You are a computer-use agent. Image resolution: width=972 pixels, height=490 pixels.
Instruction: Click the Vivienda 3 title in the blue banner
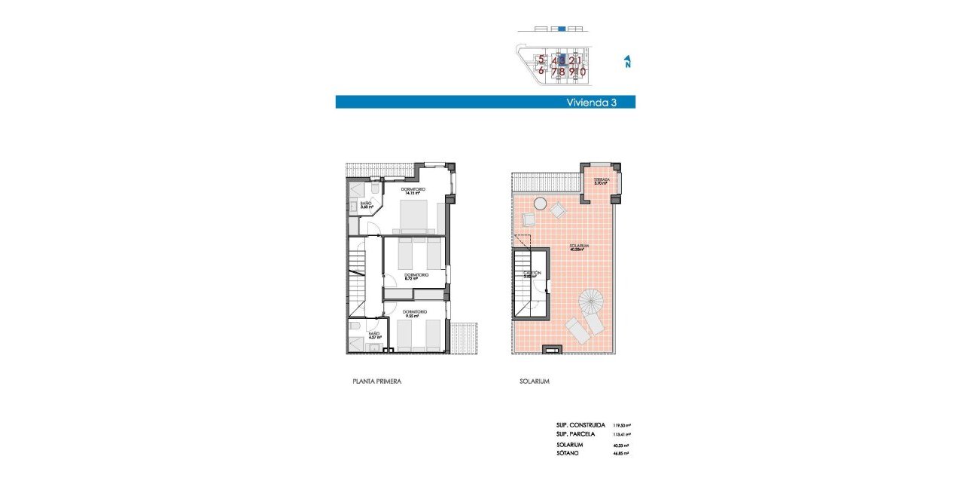592,103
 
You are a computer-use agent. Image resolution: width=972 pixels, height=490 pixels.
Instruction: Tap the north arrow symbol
627,61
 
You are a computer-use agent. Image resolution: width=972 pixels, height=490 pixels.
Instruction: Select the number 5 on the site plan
541,60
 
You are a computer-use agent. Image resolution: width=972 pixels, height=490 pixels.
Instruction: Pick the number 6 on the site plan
541,72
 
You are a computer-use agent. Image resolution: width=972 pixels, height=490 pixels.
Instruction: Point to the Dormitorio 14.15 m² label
413,191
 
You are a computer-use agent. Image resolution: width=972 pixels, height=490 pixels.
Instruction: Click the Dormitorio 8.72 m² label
416,277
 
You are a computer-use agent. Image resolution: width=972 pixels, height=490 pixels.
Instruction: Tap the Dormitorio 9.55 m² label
414,314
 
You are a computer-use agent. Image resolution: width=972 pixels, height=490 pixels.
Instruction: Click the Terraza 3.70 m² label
602,182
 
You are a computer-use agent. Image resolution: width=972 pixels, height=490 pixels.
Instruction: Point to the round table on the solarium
540,203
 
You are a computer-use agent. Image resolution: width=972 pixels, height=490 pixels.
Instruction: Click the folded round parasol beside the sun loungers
591,302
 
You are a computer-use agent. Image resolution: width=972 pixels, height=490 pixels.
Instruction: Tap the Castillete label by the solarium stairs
532,274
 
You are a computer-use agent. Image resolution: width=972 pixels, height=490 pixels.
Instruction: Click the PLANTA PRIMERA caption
376,381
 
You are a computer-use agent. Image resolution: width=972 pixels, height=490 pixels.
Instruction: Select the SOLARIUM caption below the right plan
534,381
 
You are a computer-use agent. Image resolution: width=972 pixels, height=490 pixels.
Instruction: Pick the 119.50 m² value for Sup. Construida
621,426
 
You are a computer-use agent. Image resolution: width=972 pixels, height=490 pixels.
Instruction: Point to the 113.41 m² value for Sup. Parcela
621,435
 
